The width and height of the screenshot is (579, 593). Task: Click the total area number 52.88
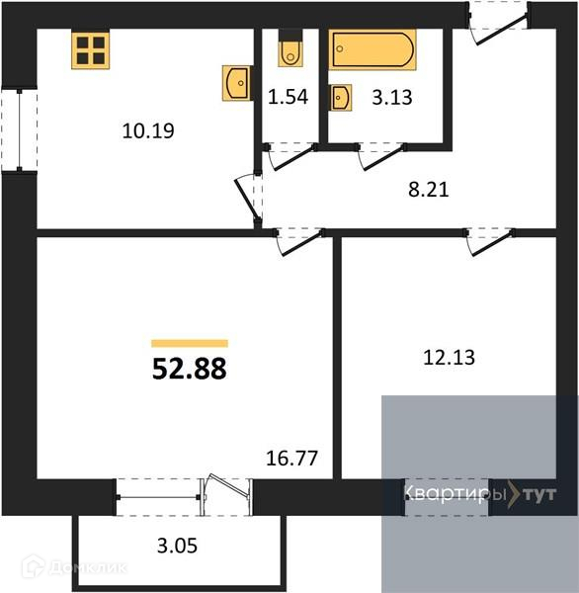pos(189,369)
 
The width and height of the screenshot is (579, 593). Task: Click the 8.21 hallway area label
pos(428,190)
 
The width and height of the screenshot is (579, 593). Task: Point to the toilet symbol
pos(290,51)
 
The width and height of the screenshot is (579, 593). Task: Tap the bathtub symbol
pos(373,49)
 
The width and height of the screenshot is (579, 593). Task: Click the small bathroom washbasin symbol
pos(340,98)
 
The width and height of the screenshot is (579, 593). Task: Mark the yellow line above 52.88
pos(189,343)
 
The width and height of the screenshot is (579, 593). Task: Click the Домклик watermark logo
pos(74,567)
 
